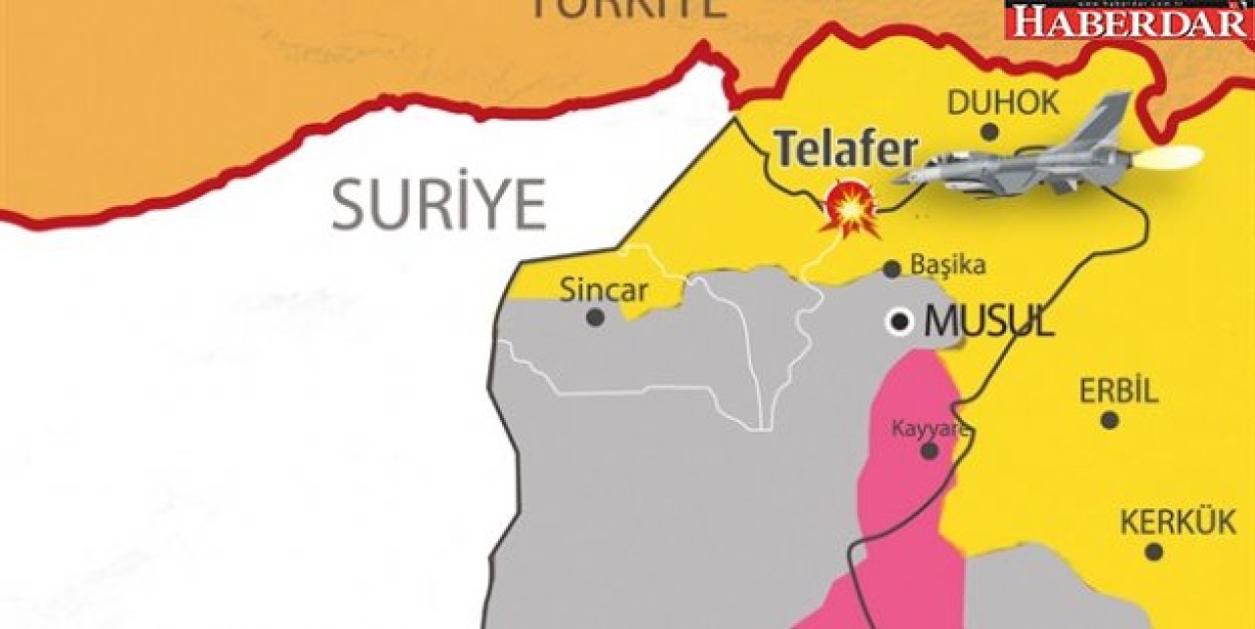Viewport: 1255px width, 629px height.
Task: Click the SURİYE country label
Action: coord(438,204)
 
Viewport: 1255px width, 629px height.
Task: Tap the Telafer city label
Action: coord(846,149)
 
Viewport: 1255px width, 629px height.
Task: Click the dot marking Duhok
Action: coord(989,131)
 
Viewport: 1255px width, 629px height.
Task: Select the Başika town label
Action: coord(948,265)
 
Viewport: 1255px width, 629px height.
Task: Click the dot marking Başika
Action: coord(891,269)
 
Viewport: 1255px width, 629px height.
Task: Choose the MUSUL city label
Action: coord(989,322)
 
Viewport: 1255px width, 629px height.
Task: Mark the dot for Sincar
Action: coord(594,317)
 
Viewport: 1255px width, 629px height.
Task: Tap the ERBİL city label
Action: coord(1119,392)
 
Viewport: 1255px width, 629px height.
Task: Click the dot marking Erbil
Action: coord(1109,420)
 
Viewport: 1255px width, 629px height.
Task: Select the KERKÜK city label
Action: coord(1178,523)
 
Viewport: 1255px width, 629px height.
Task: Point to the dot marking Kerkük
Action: coord(1154,551)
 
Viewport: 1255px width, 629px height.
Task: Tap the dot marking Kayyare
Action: coord(929,451)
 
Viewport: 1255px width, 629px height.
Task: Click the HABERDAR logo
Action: coord(1129,20)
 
